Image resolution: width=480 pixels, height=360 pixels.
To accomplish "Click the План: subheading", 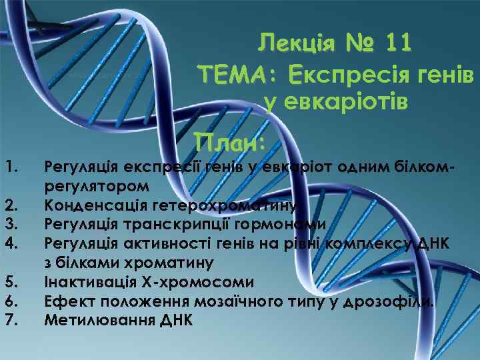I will click(x=230, y=141).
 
